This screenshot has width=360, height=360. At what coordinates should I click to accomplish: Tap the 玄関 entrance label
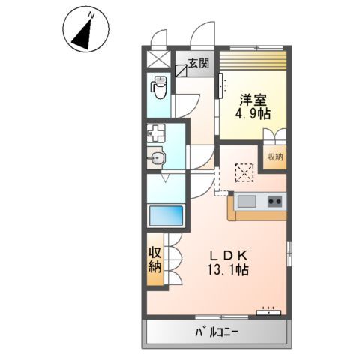coord(199,64)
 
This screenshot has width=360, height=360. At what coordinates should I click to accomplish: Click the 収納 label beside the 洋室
coord(274,157)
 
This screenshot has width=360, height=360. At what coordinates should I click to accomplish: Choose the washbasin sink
coord(157,157)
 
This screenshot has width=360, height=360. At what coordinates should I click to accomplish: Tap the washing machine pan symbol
coord(157,136)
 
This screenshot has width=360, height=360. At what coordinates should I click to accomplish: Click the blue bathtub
coord(166,217)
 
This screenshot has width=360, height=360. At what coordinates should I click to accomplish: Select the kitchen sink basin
coord(248,201)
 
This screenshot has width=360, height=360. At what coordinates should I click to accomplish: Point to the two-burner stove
coord(274,201)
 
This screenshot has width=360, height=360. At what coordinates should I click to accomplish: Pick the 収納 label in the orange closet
coord(154,259)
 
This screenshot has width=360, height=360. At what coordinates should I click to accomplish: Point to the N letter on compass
coord(91,13)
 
